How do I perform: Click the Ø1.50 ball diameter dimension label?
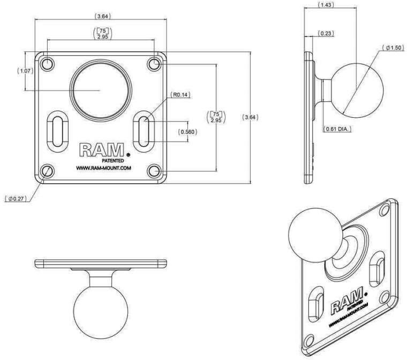pyautogui.click(x=393, y=48)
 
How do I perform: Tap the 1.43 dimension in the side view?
pyautogui.click(x=326, y=5)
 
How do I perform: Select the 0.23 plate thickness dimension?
pyautogui.click(x=326, y=34)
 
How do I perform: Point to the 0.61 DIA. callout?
pyautogui.click(x=337, y=129)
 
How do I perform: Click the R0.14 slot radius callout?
pyautogui.click(x=180, y=95)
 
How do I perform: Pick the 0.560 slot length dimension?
pyautogui.click(x=187, y=132)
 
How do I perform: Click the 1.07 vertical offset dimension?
pyautogui.click(x=25, y=71)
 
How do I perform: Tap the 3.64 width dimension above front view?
pyautogui.click(x=102, y=16)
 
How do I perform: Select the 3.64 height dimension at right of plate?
pyautogui.click(x=250, y=117)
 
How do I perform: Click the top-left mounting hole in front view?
pyautogui.click(x=47, y=64)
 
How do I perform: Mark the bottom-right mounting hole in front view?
pyautogui.click(x=154, y=171)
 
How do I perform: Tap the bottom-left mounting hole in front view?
pyautogui.click(x=47, y=171)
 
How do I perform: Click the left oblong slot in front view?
pyautogui.click(x=58, y=131)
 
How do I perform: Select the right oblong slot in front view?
pyautogui.click(x=144, y=131)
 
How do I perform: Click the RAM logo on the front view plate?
pyautogui.click(x=102, y=150)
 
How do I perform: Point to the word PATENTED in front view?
pyautogui.click(x=113, y=161)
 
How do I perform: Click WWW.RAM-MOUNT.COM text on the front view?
pyautogui.click(x=103, y=168)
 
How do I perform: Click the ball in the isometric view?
pyautogui.click(x=315, y=235)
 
